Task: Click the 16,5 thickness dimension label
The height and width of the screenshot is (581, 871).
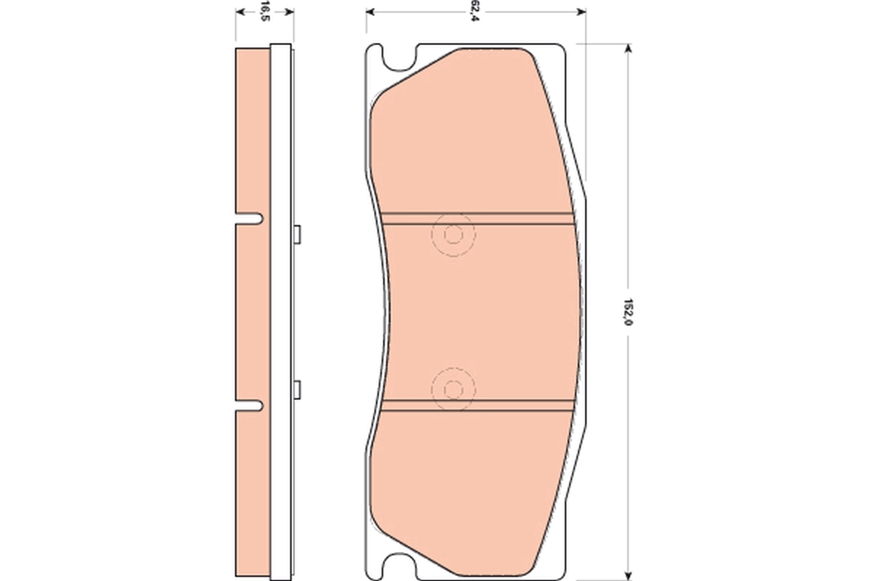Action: pyautogui.click(x=265, y=12)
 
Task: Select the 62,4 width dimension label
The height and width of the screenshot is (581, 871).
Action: pyautogui.click(x=475, y=12)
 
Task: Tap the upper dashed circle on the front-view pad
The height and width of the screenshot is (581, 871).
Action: pyautogui.click(x=453, y=235)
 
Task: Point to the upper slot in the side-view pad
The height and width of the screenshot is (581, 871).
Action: pyautogui.click(x=250, y=218)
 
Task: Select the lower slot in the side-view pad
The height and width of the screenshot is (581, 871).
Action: pyautogui.click(x=250, y=405)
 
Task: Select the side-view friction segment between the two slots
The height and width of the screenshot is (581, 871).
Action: pyautogui.click(x=253, y=312)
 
